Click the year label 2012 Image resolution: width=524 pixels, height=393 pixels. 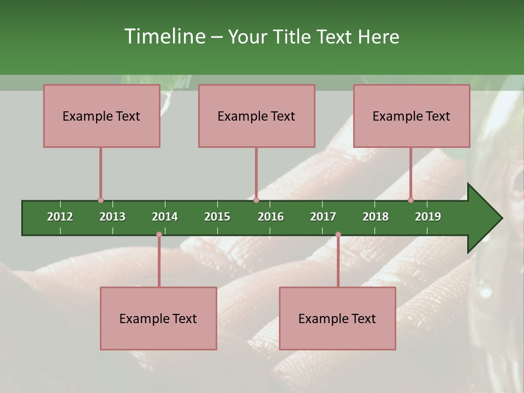tap(60, 217)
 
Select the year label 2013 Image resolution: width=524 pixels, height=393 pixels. tap(112, 217)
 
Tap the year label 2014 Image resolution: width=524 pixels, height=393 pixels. tap(165, 217)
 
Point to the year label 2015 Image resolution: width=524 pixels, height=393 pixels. tap(217, 217)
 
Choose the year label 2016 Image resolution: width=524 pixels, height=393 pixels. tap(271, 217)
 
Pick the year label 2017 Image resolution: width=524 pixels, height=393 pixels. tap(323, 217)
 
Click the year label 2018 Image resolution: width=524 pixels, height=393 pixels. tap(376, 217)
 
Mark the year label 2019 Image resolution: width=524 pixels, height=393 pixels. tap(428, 217)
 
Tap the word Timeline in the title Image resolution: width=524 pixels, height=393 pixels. tap(164, 37)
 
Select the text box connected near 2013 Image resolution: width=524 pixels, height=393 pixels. tap(102, 116)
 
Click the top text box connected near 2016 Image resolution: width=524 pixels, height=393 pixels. tap(257, 116)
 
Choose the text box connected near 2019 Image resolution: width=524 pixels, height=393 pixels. tap(412, 116)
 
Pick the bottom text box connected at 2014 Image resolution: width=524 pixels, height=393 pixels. tap(158, 318)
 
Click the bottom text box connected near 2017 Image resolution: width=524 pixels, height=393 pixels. tap(337, 318)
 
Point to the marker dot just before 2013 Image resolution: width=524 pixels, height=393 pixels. tap(100, 200)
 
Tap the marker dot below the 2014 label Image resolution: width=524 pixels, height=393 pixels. tap(159, 235)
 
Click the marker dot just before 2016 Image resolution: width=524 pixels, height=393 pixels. tap(256, 200)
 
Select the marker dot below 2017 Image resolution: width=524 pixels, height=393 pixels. tap(338, 235)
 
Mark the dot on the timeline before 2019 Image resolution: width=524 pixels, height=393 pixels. tap(410, 200)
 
